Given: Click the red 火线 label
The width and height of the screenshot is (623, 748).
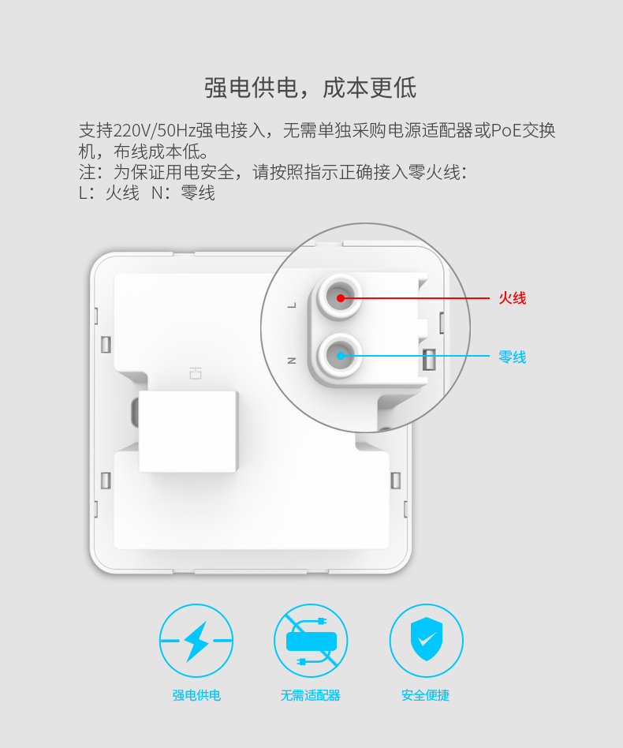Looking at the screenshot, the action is (x=513, y=298).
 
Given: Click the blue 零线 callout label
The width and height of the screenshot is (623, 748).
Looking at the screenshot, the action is (x=513, y=357).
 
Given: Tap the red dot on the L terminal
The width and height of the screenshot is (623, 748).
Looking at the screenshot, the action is (x=341, y=298).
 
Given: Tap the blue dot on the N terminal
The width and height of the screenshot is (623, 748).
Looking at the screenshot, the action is (x=341, y=355).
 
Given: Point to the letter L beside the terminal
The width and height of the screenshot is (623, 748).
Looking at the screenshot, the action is (x=293, y=305).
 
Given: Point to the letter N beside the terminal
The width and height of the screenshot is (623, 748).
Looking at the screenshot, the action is (x=292, y=360).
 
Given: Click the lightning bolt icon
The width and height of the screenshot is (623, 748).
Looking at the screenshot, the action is (x=196, y=641).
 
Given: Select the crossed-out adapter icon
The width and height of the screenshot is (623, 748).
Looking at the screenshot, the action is (x=311, y=641).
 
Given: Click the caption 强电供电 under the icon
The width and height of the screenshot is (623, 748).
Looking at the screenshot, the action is (x=196, y=695).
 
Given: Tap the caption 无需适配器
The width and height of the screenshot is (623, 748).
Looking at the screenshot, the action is (x=310, y=695).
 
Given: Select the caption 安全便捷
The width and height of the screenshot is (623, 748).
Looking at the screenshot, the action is (x=426, y=695).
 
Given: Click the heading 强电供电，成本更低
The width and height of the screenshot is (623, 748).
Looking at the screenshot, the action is (x=311, y=88).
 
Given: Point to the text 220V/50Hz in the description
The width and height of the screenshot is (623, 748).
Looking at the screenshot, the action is (x=154, y=130).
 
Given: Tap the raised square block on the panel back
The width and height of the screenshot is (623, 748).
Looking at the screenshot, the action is (x=188, y=432).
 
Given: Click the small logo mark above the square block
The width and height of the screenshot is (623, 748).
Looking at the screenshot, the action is (x=196, y=373).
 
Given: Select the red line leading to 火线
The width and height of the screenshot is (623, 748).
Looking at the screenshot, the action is (x=415, y=298).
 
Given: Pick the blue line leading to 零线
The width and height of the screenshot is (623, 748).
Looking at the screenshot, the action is (x=415, y=355).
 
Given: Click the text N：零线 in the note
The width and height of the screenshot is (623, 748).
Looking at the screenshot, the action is (x=184, y=193).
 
